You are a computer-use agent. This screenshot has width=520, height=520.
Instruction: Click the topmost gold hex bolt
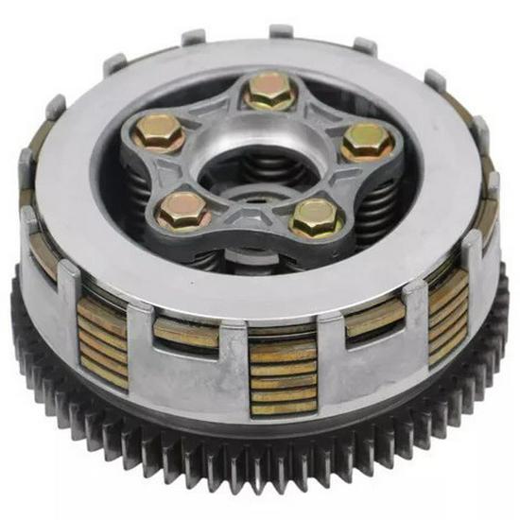(269, 92)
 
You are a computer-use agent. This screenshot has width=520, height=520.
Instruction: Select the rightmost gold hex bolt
(368, 141)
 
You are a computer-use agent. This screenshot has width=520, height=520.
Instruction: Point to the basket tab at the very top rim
(282, 31)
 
